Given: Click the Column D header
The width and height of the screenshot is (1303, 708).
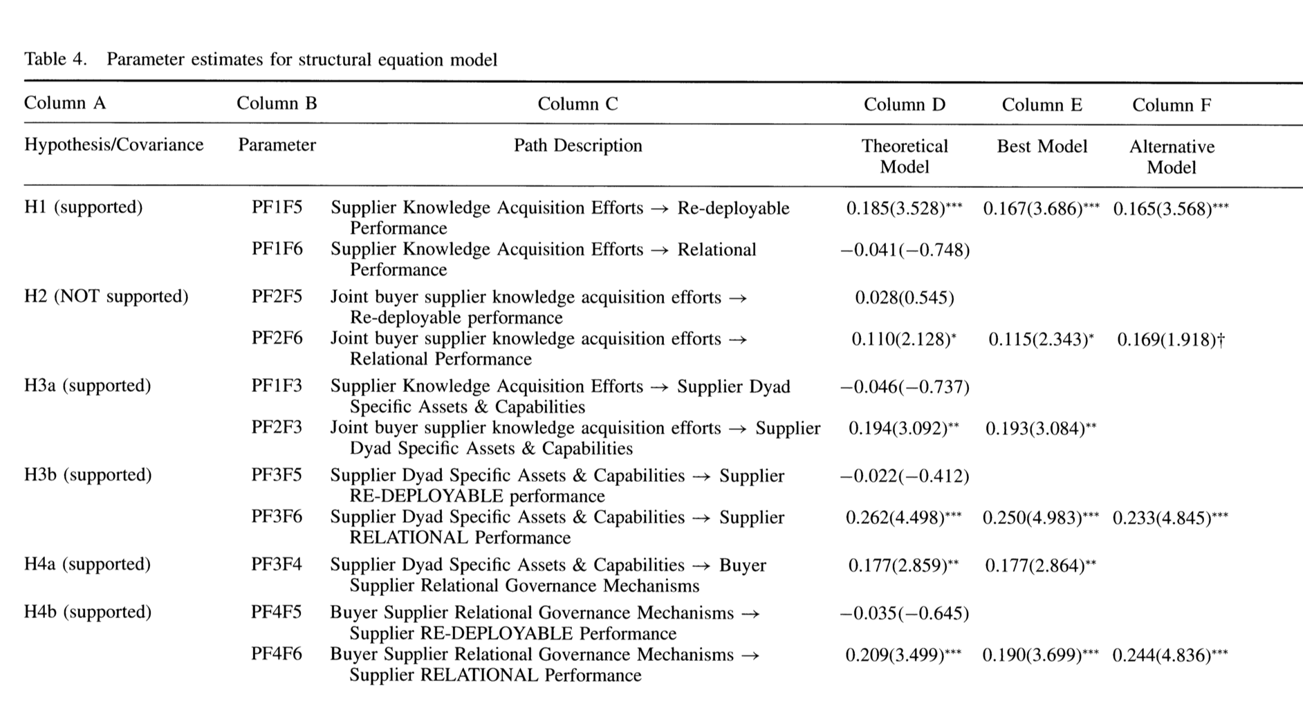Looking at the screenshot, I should (x=904, y=104).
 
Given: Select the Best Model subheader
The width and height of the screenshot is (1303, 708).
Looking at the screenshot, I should (x=1042, y=147).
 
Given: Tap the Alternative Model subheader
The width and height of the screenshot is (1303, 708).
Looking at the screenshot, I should (x=1172, y=157).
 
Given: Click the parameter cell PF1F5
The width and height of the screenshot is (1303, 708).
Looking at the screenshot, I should (x=277, y=207).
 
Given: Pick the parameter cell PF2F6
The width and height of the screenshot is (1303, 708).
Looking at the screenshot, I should (x=277, y=338).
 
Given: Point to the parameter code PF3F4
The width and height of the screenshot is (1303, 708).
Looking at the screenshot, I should (x=277, y=565).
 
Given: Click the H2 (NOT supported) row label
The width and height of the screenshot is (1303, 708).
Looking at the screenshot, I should (x=106, y=297).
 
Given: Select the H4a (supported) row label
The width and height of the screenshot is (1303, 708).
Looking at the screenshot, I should (x=87, y=564).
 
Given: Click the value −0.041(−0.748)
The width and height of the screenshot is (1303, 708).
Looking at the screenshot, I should (x=905, y=250).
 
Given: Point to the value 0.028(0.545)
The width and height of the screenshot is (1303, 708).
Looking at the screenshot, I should (x=905, y=298).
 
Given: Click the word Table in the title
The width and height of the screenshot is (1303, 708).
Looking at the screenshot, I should (x=46, y=59).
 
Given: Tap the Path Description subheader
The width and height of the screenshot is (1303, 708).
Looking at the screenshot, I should (x=577, y=146).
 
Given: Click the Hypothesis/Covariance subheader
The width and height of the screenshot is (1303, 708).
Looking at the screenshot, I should (x=113, y=145).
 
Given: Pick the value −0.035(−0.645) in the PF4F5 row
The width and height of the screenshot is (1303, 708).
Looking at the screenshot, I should (x=904, y=613).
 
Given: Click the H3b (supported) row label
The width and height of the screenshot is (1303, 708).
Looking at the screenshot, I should (x=87, y=475).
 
